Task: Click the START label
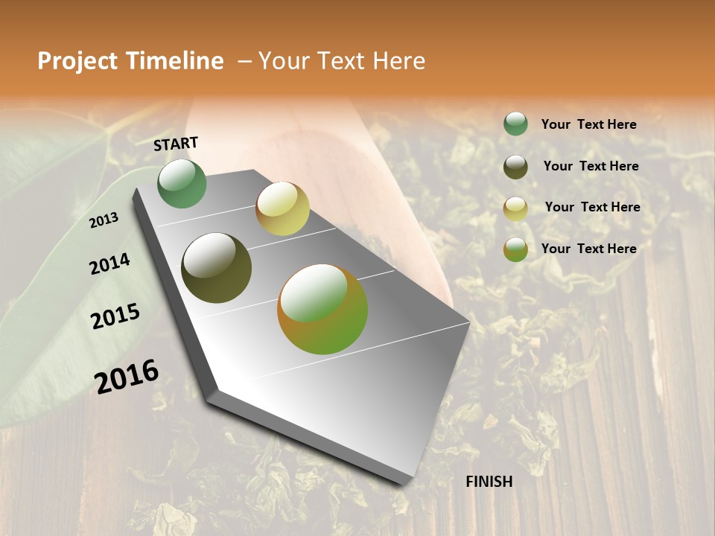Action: pos(176,144)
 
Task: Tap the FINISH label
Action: pos(489,482)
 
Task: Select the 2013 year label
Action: pos(104,220)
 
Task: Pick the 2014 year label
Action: pos(109,264)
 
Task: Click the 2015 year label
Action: pos(115,316)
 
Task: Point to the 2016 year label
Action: pos(127,377)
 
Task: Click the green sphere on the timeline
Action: pos(182,184)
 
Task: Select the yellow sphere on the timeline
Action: pos(282,208)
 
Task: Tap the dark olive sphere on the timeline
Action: pos(217,268)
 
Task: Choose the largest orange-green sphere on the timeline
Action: pos(322,309)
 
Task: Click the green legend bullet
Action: pos(515,124)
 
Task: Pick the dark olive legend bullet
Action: pos(515,167)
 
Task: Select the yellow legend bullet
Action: pos(515,208)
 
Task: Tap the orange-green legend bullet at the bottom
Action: pos(515,249)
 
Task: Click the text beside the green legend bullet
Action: pos(588,124)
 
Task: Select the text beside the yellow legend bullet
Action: pos(592,207)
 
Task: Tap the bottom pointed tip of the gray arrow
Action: pos(402,482)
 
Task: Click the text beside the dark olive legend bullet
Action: pos(591,166)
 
